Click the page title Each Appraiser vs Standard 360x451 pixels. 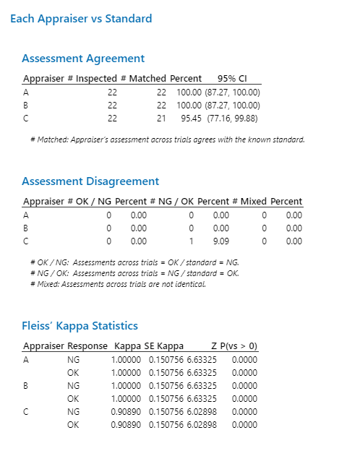pyautogui.click(x=81, y=18)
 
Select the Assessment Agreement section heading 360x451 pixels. pyautogui.click(x=83, y=59)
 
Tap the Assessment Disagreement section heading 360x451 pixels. pyautogui.click(x=90, y=181)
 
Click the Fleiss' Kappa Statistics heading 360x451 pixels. pyautogui.click(x=80, y=326)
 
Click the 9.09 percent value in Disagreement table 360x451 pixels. pyautogui.click(x=220, y=241)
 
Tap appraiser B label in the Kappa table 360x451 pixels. pyautogui.click(x=26, y=386)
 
